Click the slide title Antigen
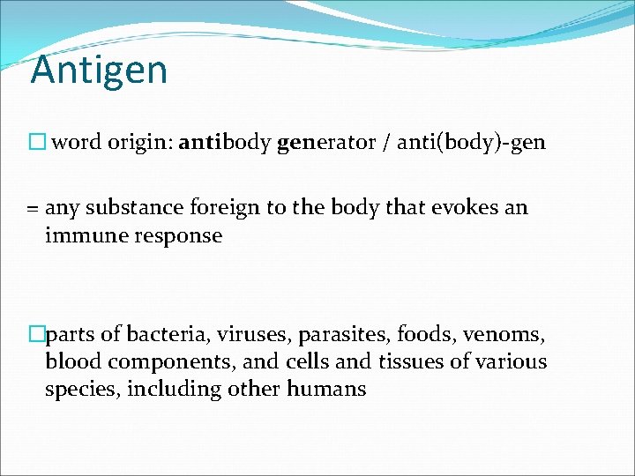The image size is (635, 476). (x=99, y=70)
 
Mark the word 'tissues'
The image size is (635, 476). (x=413, y=361)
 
